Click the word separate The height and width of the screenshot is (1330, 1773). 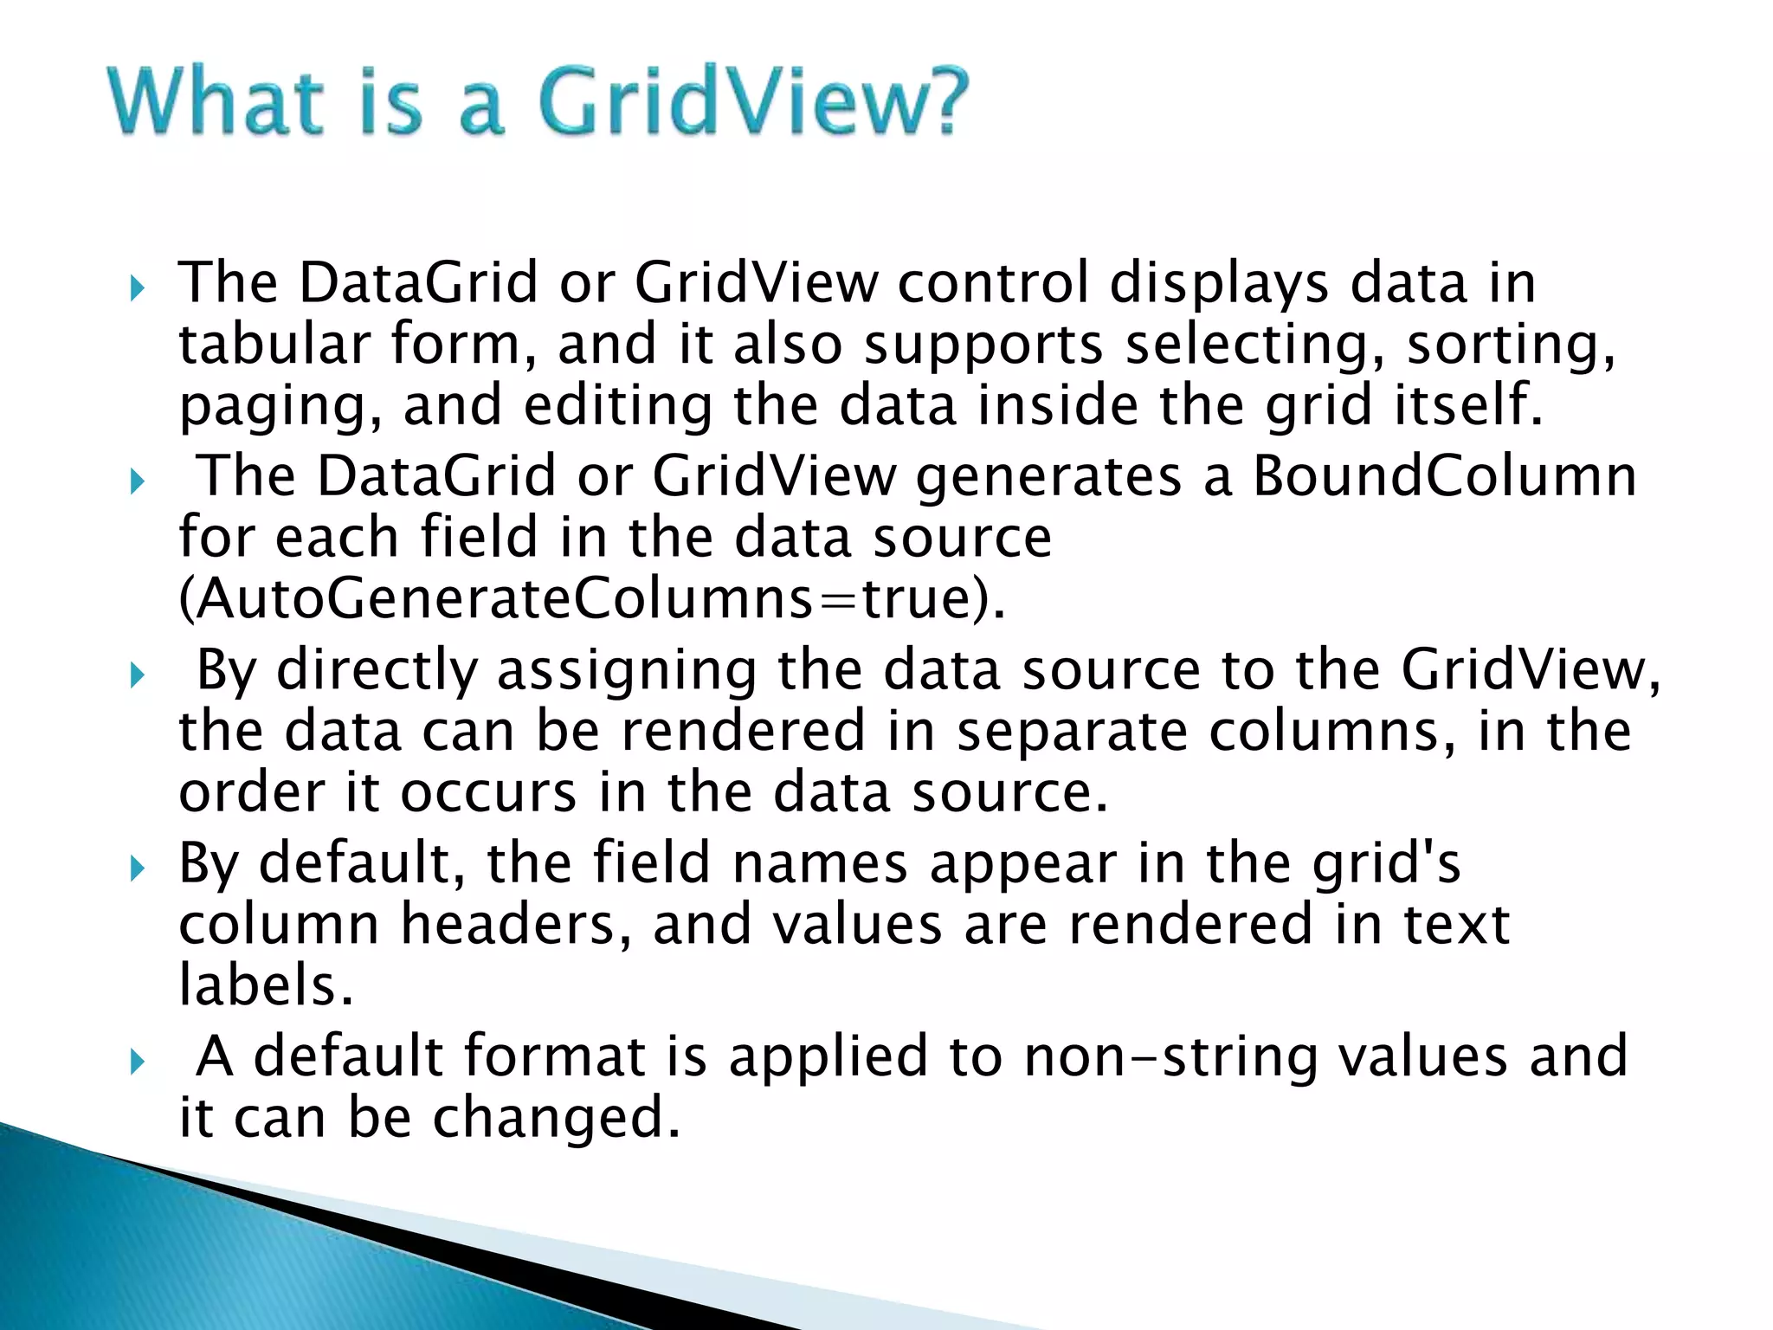(1071, 733)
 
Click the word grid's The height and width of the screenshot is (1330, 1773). (1386, 864)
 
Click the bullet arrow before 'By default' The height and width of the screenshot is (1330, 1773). (137, 868)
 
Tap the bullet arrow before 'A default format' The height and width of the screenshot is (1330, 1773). (137, 1061)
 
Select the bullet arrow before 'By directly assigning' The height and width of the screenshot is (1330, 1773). (137, 675)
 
